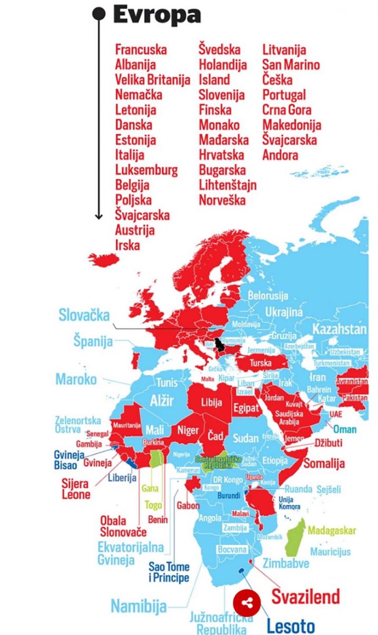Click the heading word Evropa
pos(156,15)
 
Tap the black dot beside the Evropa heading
pos(98,13)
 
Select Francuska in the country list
pos(141,50)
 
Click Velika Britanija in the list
pos(152,80)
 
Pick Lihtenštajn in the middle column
pos(227,185)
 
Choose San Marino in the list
pos(291,65)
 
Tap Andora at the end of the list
pos(280,155)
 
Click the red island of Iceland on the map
pos(105,259)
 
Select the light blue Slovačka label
pos(84,315)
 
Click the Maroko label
pos(76,379)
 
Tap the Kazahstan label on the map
pos(339,329)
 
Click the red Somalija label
pos(323,464)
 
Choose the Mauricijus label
pos(330,552)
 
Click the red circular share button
pos(247,603)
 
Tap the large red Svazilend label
pos(306,596)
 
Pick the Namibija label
pos(139,605)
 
